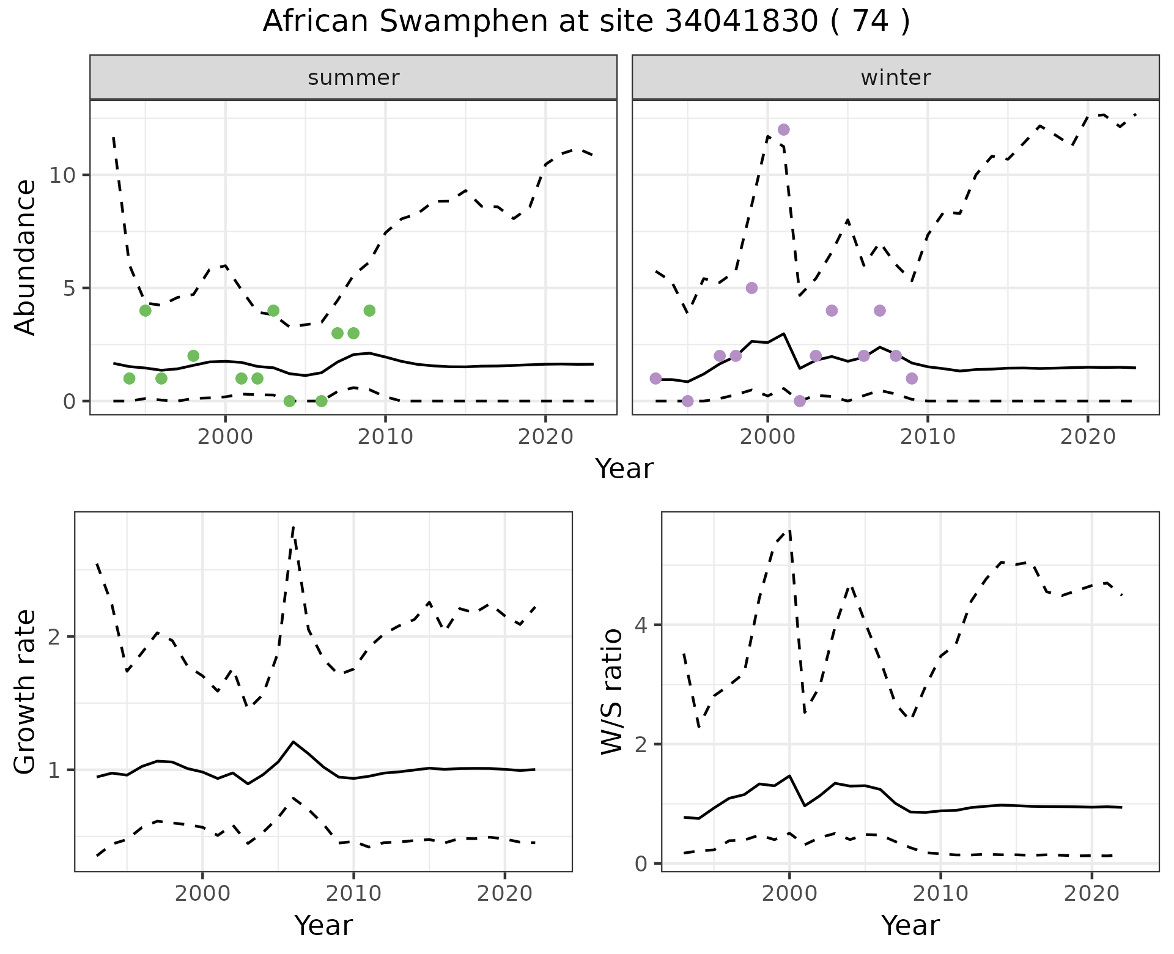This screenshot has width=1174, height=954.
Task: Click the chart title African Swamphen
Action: (x=586, y=22)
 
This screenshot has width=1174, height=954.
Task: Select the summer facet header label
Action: (x=353, y=78)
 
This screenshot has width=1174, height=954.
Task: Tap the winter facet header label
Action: (x=895, y=78)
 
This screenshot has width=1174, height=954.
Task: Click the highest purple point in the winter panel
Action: (x=783, y=130)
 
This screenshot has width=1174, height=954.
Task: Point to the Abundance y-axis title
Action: (x=26, y=257)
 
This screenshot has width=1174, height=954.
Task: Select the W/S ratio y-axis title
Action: (x=612, y=692)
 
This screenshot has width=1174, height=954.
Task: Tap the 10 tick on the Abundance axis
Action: (x=62, y=176)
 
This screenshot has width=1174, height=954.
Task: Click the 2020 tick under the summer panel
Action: (x=545, y=437)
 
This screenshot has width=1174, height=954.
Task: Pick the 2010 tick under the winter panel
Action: (x=927, y=437)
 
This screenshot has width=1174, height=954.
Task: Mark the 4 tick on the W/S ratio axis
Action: (x=644, y=625)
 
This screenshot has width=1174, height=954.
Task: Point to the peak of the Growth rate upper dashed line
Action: (x=293, y=527)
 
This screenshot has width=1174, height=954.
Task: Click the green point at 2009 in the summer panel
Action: (x=369, y=311)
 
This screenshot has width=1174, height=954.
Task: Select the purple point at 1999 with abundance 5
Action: (x=751, y=288)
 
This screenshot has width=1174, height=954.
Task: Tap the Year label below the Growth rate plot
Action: (x=323, y=926)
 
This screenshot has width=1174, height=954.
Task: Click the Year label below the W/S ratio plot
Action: (x=910, y=926)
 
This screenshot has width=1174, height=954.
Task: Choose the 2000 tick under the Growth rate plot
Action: (x=202, y=893)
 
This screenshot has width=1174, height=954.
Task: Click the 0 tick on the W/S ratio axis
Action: (x=644, y=864)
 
